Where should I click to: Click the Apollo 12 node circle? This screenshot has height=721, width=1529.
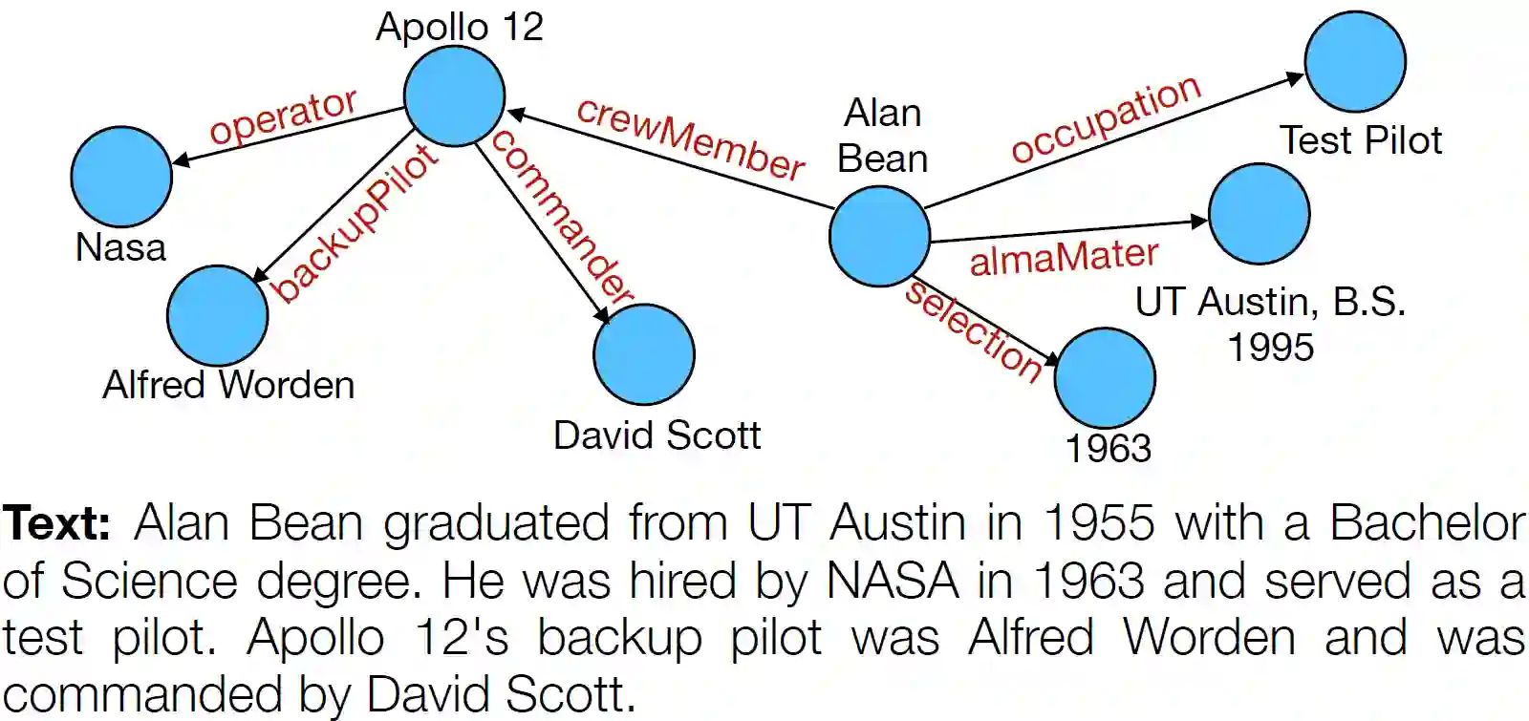click(454, 95)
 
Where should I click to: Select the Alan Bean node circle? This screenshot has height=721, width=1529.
click(879, 236)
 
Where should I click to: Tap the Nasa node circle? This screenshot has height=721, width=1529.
click(121, 177)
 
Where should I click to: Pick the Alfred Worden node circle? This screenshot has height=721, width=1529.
click(217, 315)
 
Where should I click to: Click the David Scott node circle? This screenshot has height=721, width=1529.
click(643, 354)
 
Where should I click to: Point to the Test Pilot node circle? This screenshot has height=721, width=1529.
click(1354, 61)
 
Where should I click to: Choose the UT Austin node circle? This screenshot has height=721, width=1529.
click(1259, 214)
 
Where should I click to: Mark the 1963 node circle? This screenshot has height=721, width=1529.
click(1105, 378)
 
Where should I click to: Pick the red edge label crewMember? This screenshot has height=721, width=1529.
click(690, 139)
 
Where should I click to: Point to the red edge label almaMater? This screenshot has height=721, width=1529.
click(1064, 257)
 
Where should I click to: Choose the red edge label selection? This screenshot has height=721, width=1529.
click(975, 330)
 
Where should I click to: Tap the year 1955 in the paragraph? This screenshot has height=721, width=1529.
click(1099, 523)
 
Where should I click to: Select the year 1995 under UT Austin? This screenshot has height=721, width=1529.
click(1270, 347)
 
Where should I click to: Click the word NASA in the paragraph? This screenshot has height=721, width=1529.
click(893, 581)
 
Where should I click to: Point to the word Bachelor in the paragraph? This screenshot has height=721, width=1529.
click(1428, 523)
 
